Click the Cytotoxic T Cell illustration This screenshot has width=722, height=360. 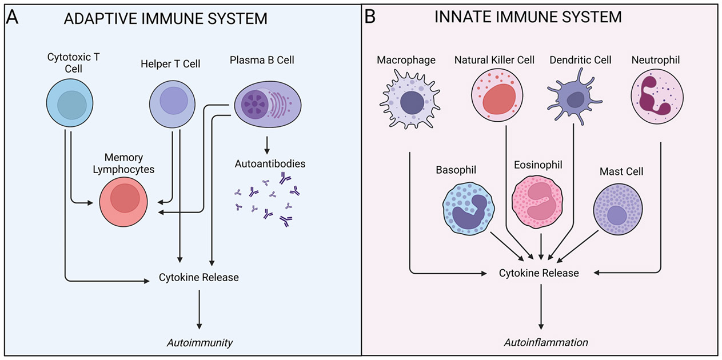click(70, 103)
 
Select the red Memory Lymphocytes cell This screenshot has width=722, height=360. click(123, 202)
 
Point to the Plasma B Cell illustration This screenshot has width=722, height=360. click(268, 105)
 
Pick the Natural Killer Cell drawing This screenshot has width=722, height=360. click(497, 96)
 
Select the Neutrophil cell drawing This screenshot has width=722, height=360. click(657, 97)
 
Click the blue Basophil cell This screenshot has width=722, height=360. click(468, 209)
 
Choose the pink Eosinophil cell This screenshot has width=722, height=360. click(537, 202)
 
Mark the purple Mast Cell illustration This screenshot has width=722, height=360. click(617, 209)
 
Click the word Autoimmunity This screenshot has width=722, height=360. click(200, 343)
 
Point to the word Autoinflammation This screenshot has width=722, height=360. click(546, 342)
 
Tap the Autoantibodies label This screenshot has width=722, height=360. click(270, 164)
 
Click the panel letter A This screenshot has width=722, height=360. click(12, 17)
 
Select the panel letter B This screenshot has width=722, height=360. click(370, 17)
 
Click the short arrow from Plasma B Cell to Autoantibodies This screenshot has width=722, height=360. click(266, 145)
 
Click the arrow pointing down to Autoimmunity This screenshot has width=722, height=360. click(199, 309)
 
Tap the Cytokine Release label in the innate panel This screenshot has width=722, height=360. click(539, 273)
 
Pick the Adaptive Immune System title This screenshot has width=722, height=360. click(166, 18)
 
